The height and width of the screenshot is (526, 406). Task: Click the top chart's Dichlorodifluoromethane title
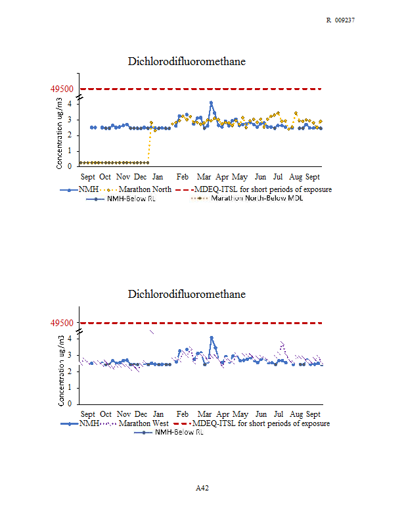coord(187,61)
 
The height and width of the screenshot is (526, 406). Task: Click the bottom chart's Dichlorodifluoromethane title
coord(187,294)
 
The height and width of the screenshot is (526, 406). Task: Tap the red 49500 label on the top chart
coord(62,89)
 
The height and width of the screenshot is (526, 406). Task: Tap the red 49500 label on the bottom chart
coord(62,323)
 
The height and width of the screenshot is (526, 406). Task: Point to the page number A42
coord(202,488)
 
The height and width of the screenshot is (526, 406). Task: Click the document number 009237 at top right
coord(345,20)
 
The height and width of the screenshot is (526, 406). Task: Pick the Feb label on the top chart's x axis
coord(183,177)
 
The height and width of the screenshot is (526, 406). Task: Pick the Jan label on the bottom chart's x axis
coord(158,414)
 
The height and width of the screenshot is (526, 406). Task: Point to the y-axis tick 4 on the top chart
coord(70,104)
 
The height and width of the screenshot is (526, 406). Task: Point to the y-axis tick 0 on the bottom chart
coord(70,404)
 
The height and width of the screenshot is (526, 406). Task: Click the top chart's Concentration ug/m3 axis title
coord(59,133)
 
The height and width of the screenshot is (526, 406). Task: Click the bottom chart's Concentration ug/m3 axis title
coord(61,371)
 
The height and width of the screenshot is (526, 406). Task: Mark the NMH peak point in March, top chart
coord(211,103)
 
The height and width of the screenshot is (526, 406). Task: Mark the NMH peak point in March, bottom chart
coord(212,337)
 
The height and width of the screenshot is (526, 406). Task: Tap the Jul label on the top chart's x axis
coord(278,177)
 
